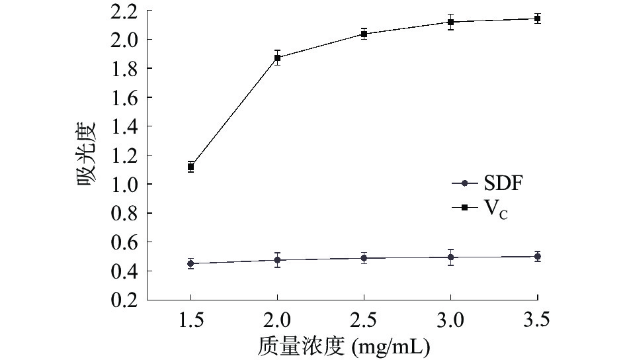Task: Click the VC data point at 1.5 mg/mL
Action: (x=190, y=167)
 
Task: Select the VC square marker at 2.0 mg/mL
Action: (x=278, y=58)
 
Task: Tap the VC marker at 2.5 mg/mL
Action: (x=364, y=34)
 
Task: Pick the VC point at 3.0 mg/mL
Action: (x=450, y=22)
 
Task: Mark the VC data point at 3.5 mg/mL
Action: (x=538, y=19)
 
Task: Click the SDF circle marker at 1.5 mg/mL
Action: (x=190, y=263)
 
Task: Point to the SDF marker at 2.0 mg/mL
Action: (x=278, y=260)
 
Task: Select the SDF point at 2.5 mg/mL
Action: (x=364, y=258)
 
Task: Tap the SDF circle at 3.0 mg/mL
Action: (x=450, y=257)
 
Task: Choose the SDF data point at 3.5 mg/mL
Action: (x=538, y=256)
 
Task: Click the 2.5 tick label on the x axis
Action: (x=364, y=321)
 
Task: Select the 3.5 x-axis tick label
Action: (x=538, y=321)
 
